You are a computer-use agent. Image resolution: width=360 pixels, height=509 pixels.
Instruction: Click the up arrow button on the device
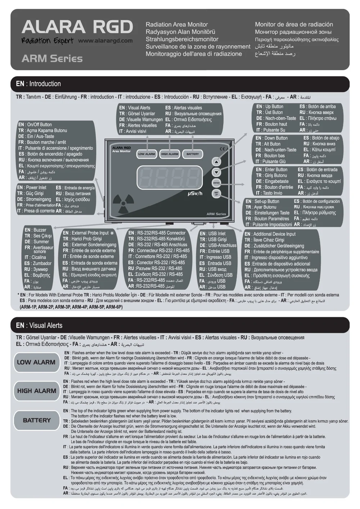coord(216,162)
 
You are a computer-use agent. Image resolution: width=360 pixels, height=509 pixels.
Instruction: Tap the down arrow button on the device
coord(216,172)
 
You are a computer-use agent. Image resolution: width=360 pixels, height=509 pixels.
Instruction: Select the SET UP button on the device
coord(216,194)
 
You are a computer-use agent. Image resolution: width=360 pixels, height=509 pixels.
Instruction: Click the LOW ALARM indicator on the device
coord(147,154)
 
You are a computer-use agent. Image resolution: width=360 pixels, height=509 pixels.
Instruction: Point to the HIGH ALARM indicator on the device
coord(170,154)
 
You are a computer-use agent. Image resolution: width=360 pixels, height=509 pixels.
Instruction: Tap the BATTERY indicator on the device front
coord(193,154)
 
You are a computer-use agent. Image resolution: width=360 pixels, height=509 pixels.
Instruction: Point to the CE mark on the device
coord(222,149)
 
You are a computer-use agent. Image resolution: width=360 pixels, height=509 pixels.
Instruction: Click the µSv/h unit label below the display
coord(195,194)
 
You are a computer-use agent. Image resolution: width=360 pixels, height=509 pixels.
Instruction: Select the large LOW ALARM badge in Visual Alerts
coord(36,362)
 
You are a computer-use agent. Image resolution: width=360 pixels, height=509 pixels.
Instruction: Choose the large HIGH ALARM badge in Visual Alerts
coord(36,391)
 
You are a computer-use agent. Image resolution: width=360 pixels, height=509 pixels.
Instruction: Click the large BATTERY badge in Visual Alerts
coord(36,420)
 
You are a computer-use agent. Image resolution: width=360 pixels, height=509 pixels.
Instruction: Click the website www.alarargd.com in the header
coord(105,41)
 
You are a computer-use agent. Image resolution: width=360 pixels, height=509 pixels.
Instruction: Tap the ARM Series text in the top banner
coord(52,58)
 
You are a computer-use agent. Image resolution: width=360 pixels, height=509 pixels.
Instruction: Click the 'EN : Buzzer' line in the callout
coord(35,230)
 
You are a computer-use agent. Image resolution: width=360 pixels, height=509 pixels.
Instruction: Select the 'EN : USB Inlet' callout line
coord(213,233)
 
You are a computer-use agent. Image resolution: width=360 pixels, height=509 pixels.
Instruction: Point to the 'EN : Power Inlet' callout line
coord(32,187)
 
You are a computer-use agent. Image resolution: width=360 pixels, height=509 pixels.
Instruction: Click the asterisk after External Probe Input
coord(112,233)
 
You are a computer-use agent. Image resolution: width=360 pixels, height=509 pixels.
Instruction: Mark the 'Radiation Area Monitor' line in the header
coord(176,24)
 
